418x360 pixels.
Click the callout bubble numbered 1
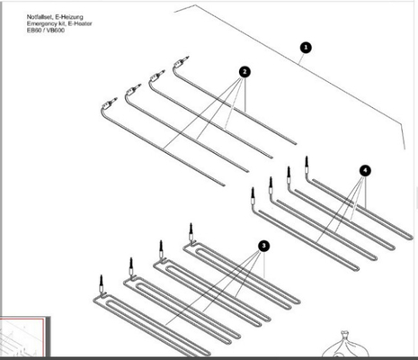305,47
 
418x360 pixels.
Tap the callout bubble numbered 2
244,71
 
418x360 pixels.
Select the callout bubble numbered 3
262,245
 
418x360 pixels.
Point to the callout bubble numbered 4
363,169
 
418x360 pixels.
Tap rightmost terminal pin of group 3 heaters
190,232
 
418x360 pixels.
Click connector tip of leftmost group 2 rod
109,102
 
